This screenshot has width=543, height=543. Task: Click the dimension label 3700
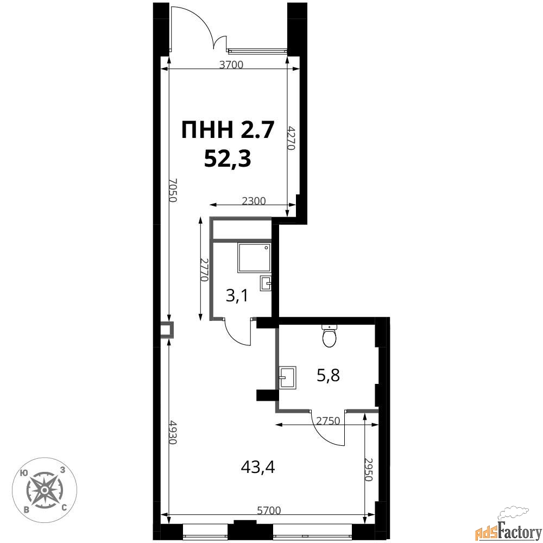[232, 65]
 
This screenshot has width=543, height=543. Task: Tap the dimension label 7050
[173, 191]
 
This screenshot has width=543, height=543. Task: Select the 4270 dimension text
[291, 137]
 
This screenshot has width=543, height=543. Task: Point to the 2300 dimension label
[254, 201]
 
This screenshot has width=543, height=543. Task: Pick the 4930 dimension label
[173, 433]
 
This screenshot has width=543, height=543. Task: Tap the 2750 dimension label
[329, 421]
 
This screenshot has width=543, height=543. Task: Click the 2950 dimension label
[369, 470]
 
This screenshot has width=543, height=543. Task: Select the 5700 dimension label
[269, 510]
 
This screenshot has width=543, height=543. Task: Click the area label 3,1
[237, 296]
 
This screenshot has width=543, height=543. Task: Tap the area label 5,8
[329, 375]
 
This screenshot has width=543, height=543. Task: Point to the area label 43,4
[258, 468]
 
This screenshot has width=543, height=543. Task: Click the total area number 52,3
[228, 159]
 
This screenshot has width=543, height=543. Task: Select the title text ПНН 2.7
[228, 130]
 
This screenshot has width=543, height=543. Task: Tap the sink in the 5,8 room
[287, 378]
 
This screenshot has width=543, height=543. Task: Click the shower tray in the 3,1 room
[254, 257]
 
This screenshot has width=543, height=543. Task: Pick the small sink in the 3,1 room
[266, 283]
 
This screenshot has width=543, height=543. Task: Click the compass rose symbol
[45, 490]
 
